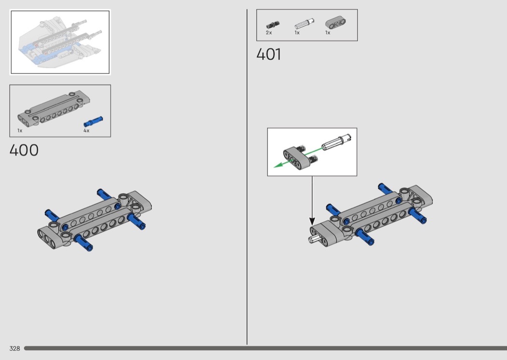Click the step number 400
click(24, 150)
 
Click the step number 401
click(268, 55)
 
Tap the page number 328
click(14, 348)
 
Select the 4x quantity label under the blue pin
click(86, 131)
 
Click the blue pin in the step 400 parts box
click(93, 122)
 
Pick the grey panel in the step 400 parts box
click(54, 108)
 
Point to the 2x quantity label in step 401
click(268, 33)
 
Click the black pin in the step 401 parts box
click(273, 25)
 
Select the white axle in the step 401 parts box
click(304, 24)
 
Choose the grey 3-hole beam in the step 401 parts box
click(335, 23)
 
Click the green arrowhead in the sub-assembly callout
click(278, 165)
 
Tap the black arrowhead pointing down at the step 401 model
click(312, 222)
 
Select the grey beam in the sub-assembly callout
click(296, 157)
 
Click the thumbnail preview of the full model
click(60, 42)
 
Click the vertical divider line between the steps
click(247, 177)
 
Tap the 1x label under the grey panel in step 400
click(20, 131)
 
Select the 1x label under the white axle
click(297, 33)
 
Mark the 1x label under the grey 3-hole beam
click(327, 33)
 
